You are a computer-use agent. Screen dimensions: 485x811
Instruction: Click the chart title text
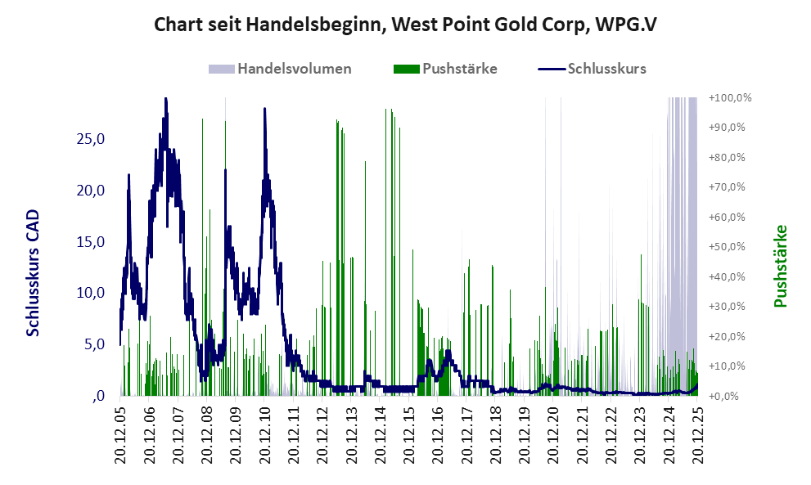pos(405,25)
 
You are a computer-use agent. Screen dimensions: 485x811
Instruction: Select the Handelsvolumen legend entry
pos(295,69)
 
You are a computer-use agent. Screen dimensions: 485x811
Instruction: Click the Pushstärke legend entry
pos(460,69)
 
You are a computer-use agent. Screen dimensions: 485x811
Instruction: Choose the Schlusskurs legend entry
pos(607,69)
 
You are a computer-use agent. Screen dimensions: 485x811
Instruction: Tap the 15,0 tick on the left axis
pos(91,241)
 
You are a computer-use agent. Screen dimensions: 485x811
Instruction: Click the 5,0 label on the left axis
pos(95,344)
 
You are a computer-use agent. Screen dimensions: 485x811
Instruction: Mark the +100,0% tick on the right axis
pos(731,98)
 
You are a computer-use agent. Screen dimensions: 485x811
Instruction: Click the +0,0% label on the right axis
pos(726,396)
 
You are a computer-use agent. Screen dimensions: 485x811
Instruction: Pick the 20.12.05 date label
pos(120,435)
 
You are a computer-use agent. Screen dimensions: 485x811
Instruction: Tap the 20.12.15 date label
pos(409,435)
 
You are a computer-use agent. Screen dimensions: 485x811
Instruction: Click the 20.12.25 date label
pos(697,435)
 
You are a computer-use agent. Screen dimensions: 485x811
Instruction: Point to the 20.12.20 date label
pos(553,435)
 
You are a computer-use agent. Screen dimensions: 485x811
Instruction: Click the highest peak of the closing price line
pos(165,99)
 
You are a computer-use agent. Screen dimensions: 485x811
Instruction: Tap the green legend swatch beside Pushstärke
pos(406,69)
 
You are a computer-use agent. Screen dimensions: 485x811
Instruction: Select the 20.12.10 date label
pos(265,435)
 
